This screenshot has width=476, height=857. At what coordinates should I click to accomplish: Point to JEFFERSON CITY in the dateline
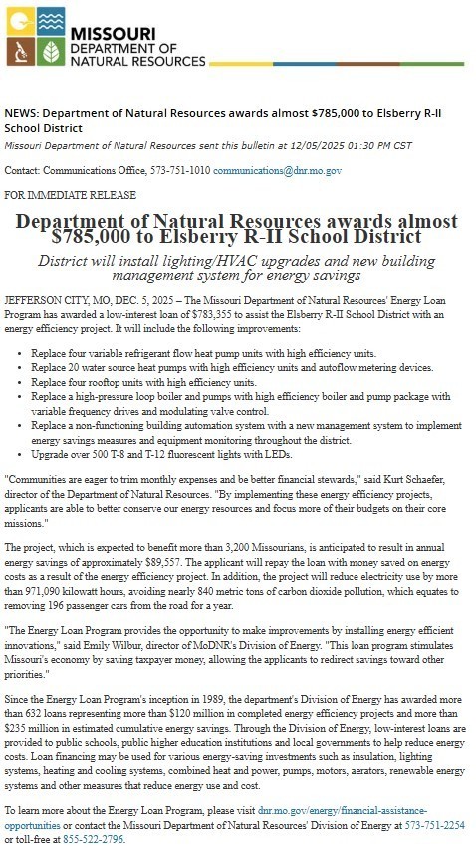44,297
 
